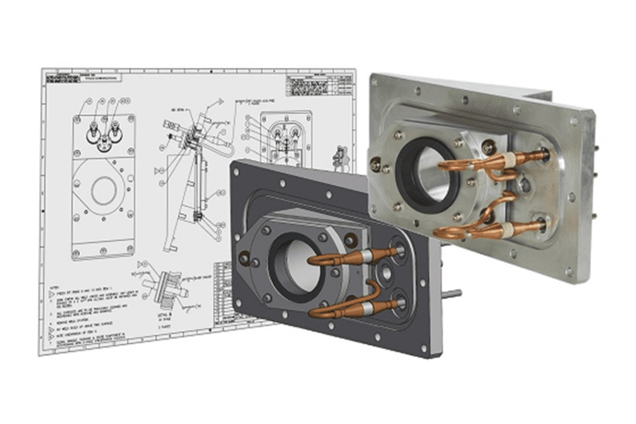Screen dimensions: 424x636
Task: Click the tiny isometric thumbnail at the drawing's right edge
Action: (x=340, y=158)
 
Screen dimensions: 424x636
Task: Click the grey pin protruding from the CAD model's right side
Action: (x=452, y=293)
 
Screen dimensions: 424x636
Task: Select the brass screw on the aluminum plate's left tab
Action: (x=375, y=165)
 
